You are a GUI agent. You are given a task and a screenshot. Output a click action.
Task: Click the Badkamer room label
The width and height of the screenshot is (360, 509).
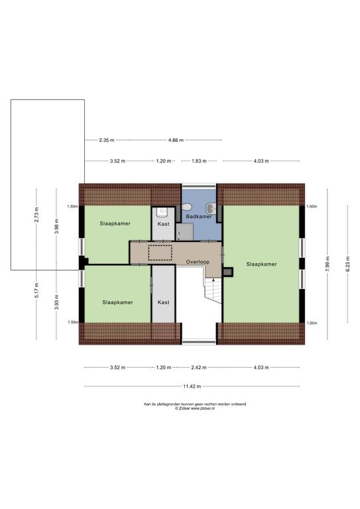pos(199,216)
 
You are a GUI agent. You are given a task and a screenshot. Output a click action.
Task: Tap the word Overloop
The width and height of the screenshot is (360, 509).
pos(198,262)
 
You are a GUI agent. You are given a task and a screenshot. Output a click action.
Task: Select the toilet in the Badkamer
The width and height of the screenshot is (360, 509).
pos(186,207)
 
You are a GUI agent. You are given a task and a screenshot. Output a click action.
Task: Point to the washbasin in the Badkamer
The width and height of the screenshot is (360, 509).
pos(211,208)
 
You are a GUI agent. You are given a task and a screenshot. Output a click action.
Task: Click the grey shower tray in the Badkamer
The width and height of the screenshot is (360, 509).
pos(185,232)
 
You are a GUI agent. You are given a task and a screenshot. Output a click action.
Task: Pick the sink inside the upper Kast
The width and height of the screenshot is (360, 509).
pos(162,212)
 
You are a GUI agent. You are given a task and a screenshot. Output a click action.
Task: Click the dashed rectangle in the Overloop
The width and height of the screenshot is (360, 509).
pos(160,253)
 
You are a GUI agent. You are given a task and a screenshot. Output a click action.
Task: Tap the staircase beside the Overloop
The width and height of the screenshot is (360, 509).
pos(213,290)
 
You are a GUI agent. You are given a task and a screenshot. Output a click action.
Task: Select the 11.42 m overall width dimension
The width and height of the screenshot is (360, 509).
pos(192,386)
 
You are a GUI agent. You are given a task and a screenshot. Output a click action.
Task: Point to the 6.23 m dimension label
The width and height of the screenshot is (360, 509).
pos(347,264)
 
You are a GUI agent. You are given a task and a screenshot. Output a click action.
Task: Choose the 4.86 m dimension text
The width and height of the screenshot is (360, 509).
pos(176,141)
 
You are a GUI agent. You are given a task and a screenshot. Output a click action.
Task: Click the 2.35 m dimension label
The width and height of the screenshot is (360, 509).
pos(107,141)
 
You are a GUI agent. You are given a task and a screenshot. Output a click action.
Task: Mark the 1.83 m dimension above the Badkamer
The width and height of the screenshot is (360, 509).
pos(199,160)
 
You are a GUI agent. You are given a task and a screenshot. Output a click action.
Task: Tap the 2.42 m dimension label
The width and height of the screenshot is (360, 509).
pos(199,367)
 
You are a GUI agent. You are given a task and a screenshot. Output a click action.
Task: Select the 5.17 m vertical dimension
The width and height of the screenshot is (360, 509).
pos(36,290)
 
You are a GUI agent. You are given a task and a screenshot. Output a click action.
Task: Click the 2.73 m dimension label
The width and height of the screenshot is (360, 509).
pos(36,214)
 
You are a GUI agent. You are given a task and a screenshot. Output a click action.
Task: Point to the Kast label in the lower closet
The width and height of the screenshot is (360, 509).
pos(163,302)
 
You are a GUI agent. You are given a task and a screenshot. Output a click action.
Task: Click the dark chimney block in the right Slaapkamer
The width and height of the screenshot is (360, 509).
pos(228,272)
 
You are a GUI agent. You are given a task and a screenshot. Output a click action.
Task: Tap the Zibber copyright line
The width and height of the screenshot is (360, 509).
pos(195,408)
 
